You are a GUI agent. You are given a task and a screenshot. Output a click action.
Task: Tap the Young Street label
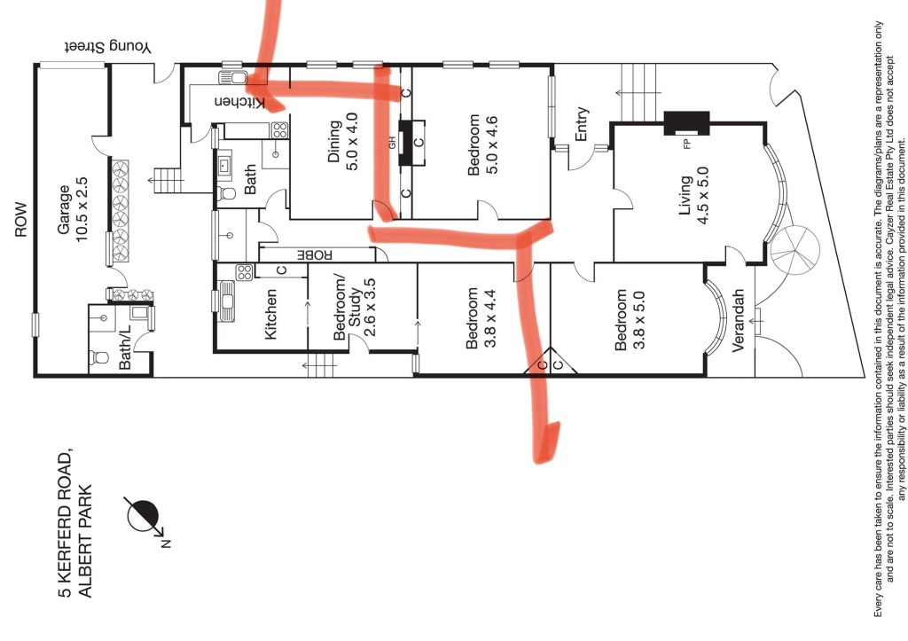(107, 47)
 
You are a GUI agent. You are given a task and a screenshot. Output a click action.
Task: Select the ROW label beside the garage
(21, 220)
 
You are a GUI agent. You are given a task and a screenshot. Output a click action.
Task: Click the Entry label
(582, 123)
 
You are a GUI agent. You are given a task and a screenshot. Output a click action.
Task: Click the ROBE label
(315, 254)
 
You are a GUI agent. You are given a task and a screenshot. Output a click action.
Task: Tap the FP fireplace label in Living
(687, 145)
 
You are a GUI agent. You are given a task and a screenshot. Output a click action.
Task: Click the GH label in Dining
(392, 143)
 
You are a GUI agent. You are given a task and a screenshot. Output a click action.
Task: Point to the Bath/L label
(125, 347)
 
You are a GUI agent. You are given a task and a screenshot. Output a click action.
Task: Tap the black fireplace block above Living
(686, 122)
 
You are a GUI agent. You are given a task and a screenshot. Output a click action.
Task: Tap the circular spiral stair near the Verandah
(794, 249)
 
